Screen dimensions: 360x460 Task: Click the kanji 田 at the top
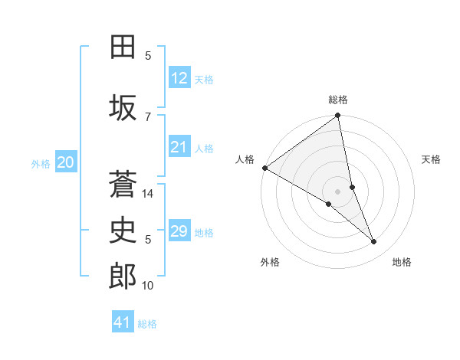click(x=123, y=47)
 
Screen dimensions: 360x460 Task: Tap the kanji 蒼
click(x=123, y=184)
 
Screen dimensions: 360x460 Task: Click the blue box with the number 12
click(x=179, y=78)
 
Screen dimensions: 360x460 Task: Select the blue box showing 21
click(x=179, y=147)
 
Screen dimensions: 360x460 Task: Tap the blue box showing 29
click(x=179, y=231)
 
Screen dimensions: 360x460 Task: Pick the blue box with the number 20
click(x=66, y=162)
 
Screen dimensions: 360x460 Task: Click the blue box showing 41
click(x=123, y=322)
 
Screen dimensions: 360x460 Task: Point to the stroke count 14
click(x=149, y=194)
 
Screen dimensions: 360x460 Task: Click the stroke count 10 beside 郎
click(x=149, y=286)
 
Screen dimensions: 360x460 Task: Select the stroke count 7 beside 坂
click(x=148, y=116)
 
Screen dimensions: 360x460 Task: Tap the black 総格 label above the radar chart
click(x=338, y=100)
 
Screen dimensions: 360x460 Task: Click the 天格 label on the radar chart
click(x=432, y=159)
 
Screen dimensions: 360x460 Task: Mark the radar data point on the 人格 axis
click(x=264, y=168)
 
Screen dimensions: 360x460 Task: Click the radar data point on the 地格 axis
click(x=374, y=242)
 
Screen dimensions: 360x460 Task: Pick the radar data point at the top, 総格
click(x=338, y=116)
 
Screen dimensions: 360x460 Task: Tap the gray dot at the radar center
click(x=338, y=191)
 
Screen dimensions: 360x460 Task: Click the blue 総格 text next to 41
click(x=147, y=324)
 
